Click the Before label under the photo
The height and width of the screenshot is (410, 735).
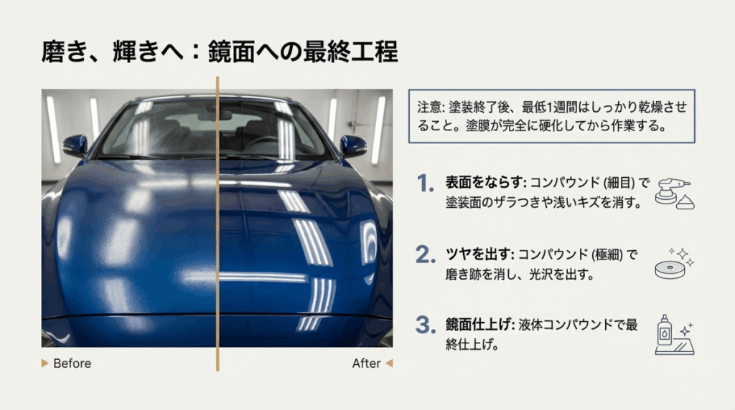(x=72, y=363)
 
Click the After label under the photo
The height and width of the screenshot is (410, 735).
(x=366, y=363)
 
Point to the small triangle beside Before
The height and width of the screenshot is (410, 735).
(x=46, y=363)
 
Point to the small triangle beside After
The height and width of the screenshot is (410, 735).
(x=389, y=363)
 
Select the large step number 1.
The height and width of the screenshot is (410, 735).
(x=426, y=184)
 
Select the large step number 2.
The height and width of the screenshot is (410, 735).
(x=426, y=254)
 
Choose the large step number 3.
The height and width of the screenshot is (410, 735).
(x=426, y=325)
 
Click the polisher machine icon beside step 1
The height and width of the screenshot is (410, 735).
(x=675, y=192)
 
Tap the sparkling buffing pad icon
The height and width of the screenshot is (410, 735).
(x=675, y=263)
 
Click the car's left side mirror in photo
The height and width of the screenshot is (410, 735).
(x=75, y=146)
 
